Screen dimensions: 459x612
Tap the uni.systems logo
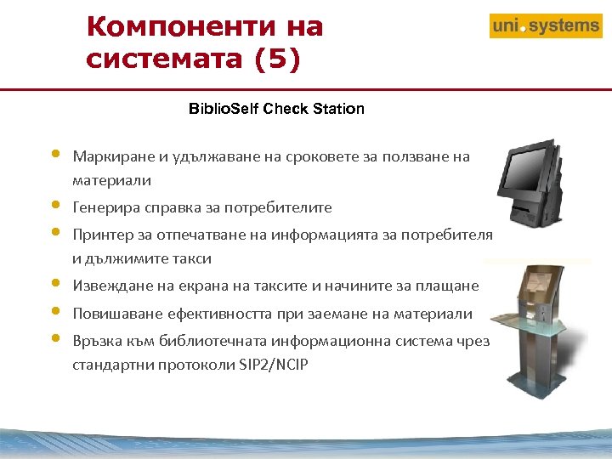(x=545, y=26)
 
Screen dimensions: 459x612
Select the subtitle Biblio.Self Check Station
(x=276, y=109)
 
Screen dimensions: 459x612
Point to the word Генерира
(x=103, y=207)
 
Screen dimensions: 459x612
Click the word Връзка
(x=97, y=341)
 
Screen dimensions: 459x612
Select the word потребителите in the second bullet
(x=286, y=207)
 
